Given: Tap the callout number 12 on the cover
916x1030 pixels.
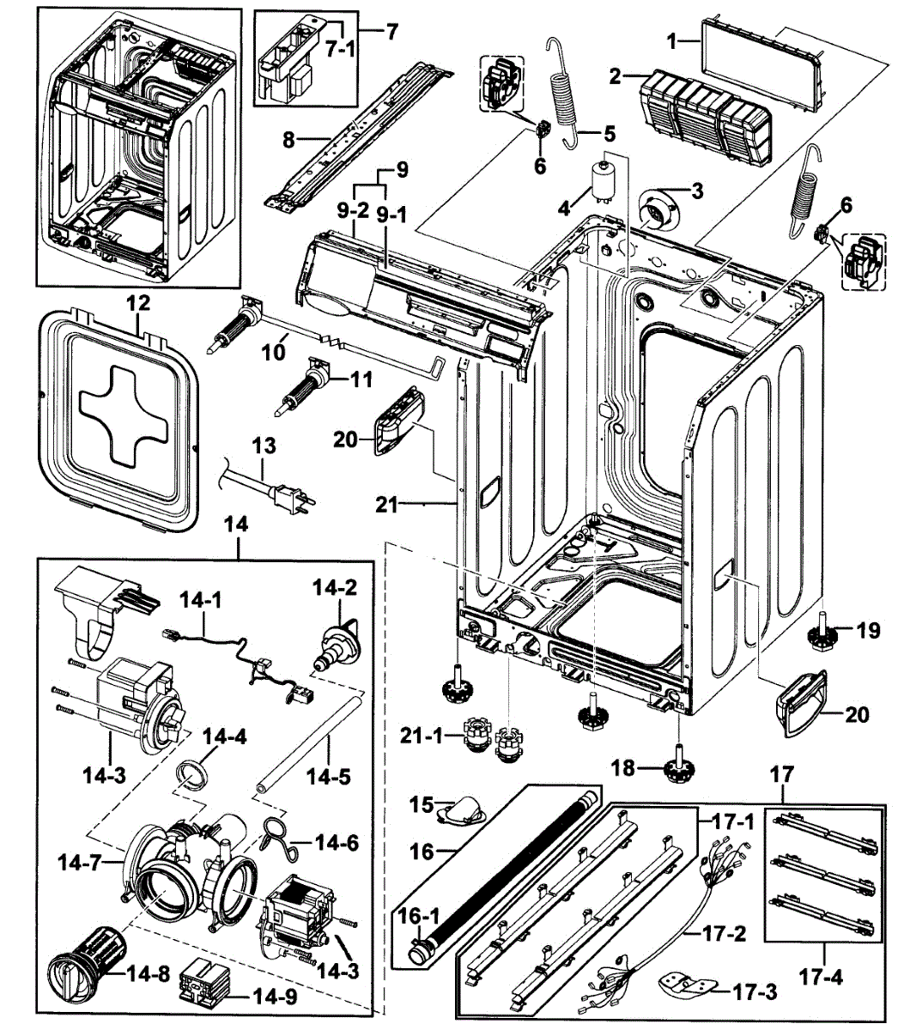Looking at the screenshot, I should click(138, 303).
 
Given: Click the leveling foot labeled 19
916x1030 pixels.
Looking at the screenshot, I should click(822, 639).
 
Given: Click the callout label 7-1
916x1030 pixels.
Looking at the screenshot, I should click(340, 50).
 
